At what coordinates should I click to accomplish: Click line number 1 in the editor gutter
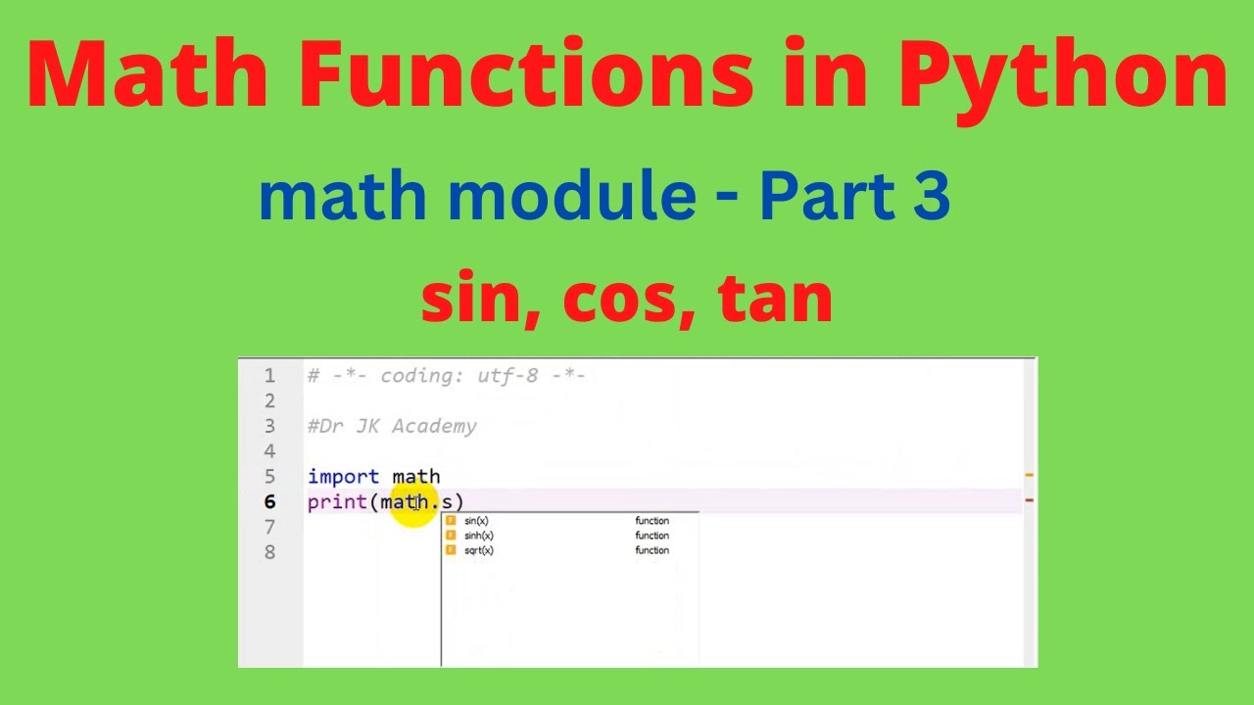click(x=269, y=375)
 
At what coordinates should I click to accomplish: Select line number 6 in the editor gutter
click(x=269, y=502)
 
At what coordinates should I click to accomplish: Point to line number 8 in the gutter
click(x=269, y=552)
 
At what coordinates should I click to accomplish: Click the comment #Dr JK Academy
click(x=392, y=426)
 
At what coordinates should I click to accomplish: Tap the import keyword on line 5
click(x=343, y=477)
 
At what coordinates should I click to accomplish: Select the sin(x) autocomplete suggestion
click(x=477, y=521)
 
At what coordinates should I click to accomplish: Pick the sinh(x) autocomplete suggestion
click(x=479, y=536)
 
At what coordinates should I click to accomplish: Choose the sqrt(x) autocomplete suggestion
click(x=479, y=550)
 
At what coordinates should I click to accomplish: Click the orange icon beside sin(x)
click(x=451, y=521)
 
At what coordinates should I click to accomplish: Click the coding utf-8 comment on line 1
click(x=447, y=375)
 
